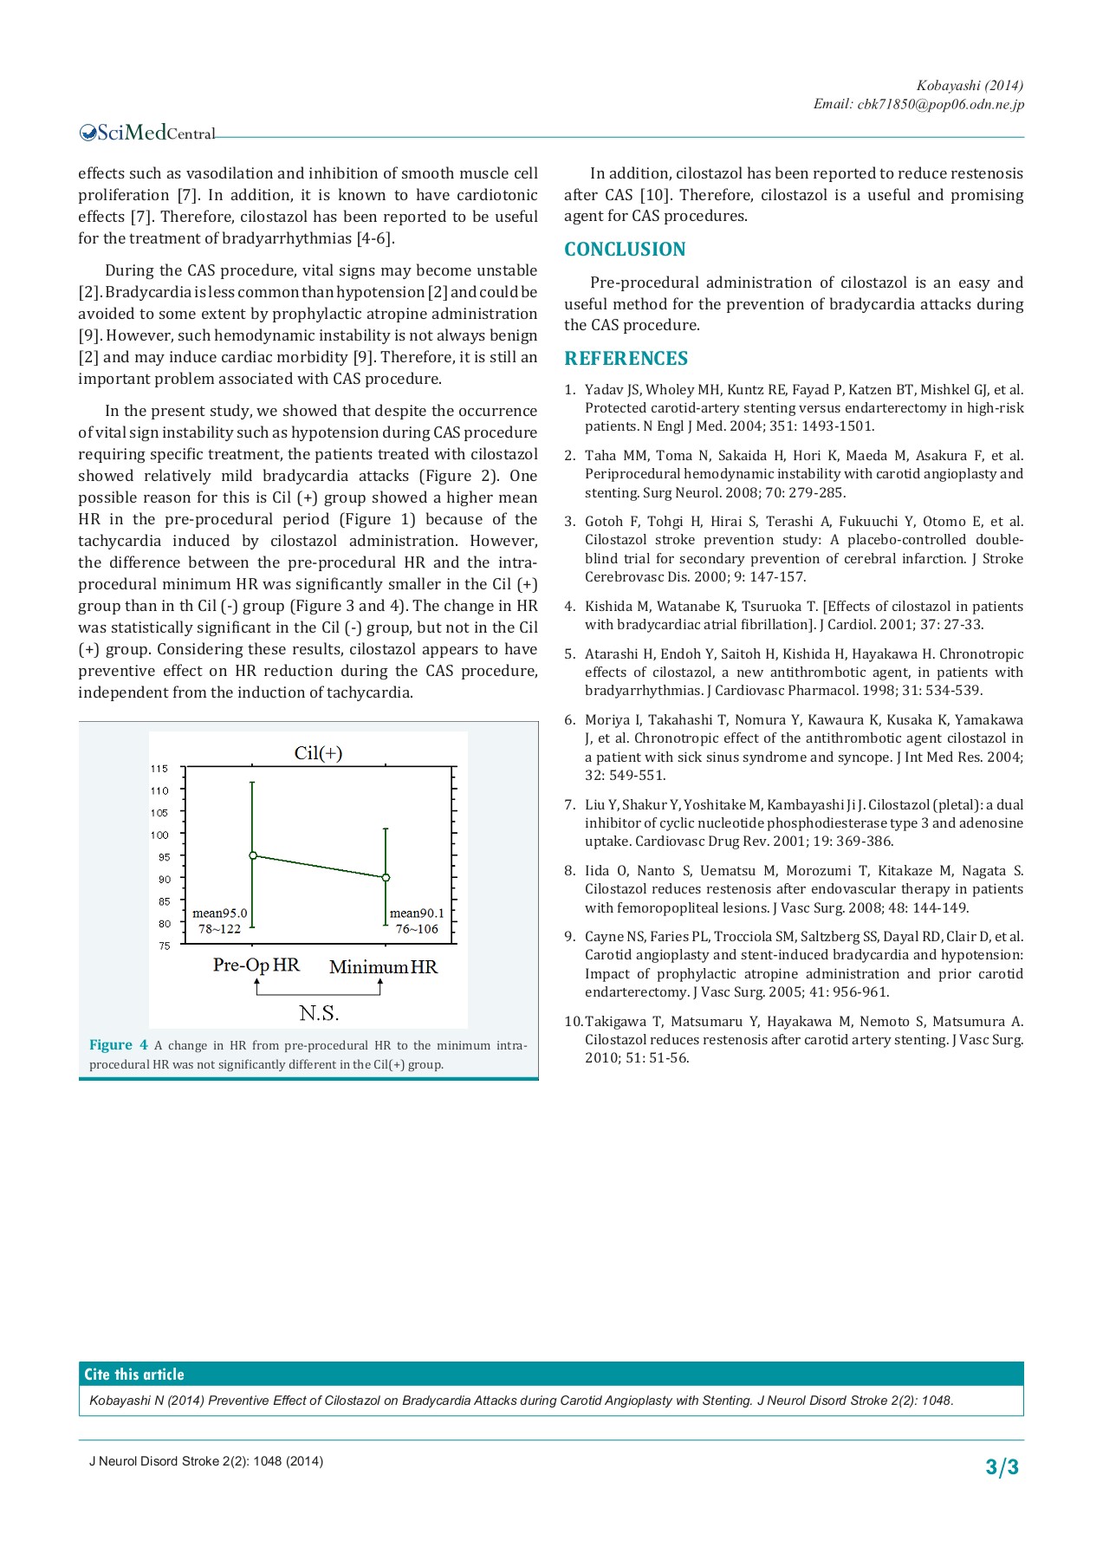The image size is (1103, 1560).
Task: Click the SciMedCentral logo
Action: (x=147, y=133)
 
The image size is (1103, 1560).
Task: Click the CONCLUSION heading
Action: (x=625, y=250)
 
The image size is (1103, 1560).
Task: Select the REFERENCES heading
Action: (x=626, y=359)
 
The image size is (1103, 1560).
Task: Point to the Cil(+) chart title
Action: (x=318, y=753)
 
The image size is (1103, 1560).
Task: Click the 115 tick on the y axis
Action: (x=159, y=769)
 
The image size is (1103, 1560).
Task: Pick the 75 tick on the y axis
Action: (x=165, y=946)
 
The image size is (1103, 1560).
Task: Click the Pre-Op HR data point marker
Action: (x=253, y=855)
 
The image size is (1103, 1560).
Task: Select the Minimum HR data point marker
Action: (x=386, y=877)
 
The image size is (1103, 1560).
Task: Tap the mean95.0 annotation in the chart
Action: (x=219, y=913)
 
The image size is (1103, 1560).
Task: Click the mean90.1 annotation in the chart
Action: (x=417, y=913)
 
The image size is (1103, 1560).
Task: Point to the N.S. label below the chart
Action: (x=319, y=1013)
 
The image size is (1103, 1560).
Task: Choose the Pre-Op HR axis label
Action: (x=256, y=965)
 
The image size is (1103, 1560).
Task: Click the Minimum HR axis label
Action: (x=383, y=967)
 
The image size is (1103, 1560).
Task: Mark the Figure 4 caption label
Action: (x=119, y=1045)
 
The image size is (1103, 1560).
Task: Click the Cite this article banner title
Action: (x=134, y=1375)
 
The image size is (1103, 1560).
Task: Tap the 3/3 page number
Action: (x=1002, y=1467)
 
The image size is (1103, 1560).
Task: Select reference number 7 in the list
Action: (x=569, y=805)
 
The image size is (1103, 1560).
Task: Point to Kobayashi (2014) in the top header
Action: (x=970, y=85)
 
